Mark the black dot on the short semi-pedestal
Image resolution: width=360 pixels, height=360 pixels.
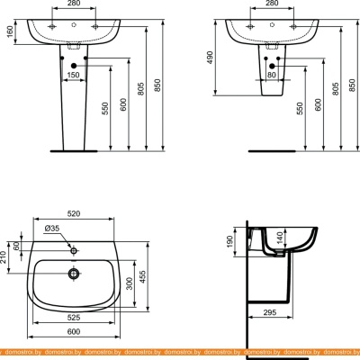[273, 64]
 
